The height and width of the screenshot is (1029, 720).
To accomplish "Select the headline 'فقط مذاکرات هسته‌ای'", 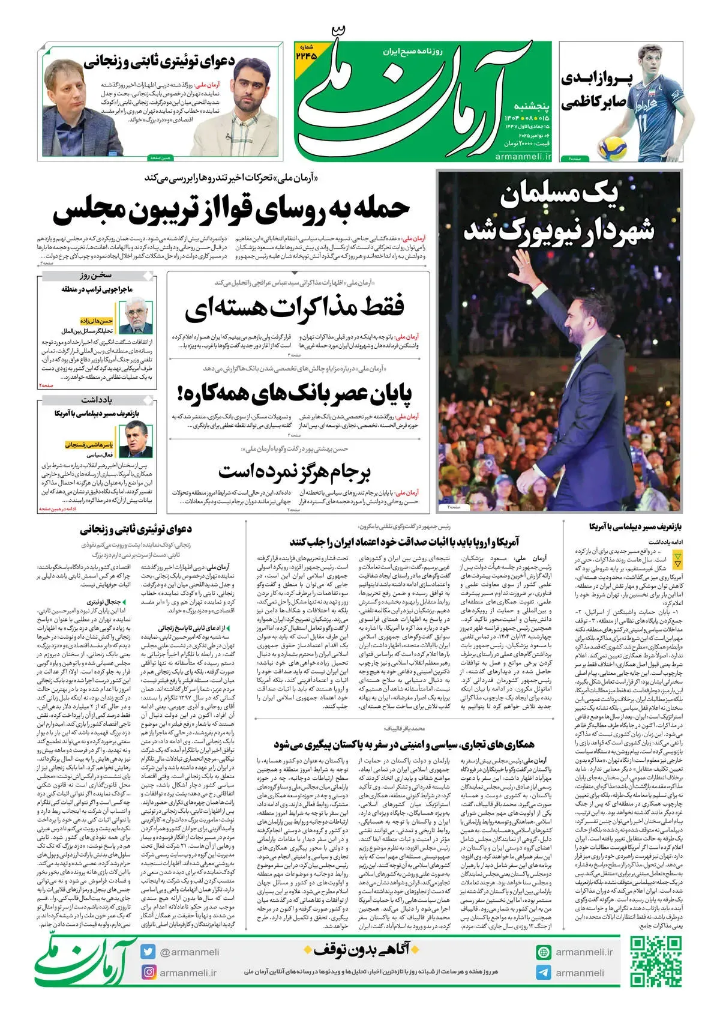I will tap(295, 308).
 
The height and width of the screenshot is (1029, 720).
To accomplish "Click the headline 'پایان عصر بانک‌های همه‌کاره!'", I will tap(295, 394).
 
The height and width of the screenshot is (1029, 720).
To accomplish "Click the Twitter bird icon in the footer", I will tap(148, 952).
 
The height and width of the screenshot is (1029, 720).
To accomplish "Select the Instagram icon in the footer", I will tap(148, 972).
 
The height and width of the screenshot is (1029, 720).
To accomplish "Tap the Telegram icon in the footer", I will tap(544, 973).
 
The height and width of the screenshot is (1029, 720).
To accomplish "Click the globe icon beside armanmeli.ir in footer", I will tap(544, 952).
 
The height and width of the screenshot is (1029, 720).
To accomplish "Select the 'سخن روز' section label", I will tap(97, 276).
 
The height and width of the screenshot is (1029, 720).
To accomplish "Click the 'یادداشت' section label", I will tap(97, 399).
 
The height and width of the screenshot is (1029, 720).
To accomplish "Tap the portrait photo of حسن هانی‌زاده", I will tap(136, 318).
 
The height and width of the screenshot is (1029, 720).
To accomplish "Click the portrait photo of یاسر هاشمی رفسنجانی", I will tap(136, 440).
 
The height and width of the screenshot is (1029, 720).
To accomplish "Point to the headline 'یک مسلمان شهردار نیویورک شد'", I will tap(558, 213).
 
